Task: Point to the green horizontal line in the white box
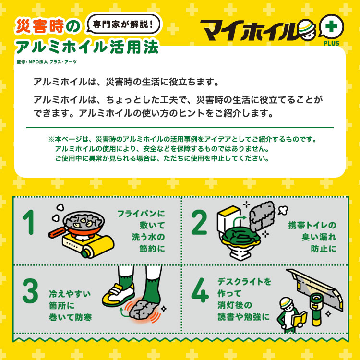pos(180,128)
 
